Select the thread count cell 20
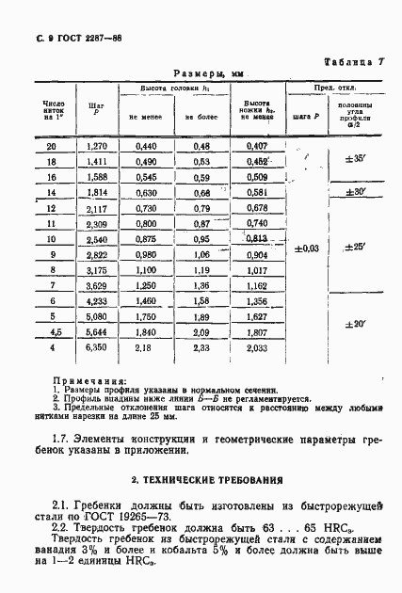pos(51,146)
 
